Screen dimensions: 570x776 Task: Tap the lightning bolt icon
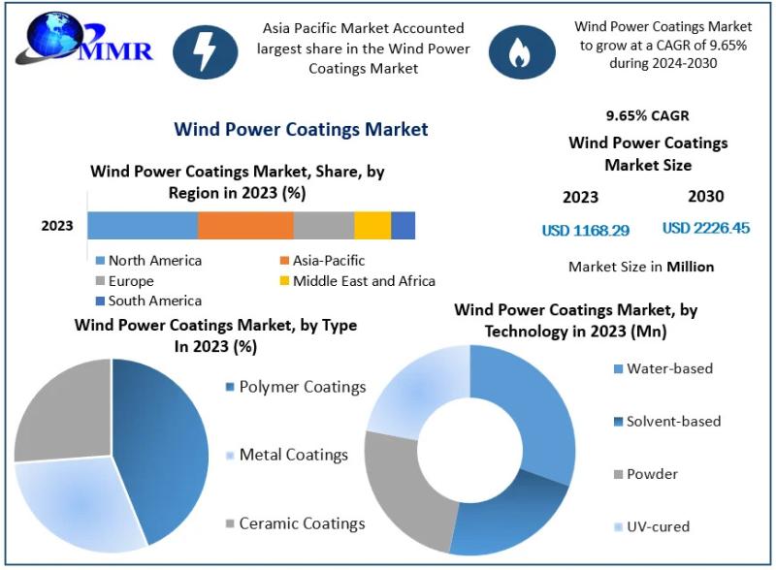[x=206, y=51]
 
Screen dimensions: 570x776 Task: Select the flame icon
[x=521, y=51]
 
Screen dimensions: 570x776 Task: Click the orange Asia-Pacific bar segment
[x=245, y=225]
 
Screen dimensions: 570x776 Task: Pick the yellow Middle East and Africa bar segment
[x=372, y=225]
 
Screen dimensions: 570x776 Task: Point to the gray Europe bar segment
[x=324, y=225]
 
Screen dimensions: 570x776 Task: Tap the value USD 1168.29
[x=585, y=231]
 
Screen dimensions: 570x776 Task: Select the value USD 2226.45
[x=706, y=229]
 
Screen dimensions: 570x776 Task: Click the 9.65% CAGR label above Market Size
[x=647, y=116]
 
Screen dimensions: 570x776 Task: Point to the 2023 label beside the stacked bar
[x=57, y=226]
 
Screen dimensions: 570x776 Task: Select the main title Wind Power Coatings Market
[x=301, y=129]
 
